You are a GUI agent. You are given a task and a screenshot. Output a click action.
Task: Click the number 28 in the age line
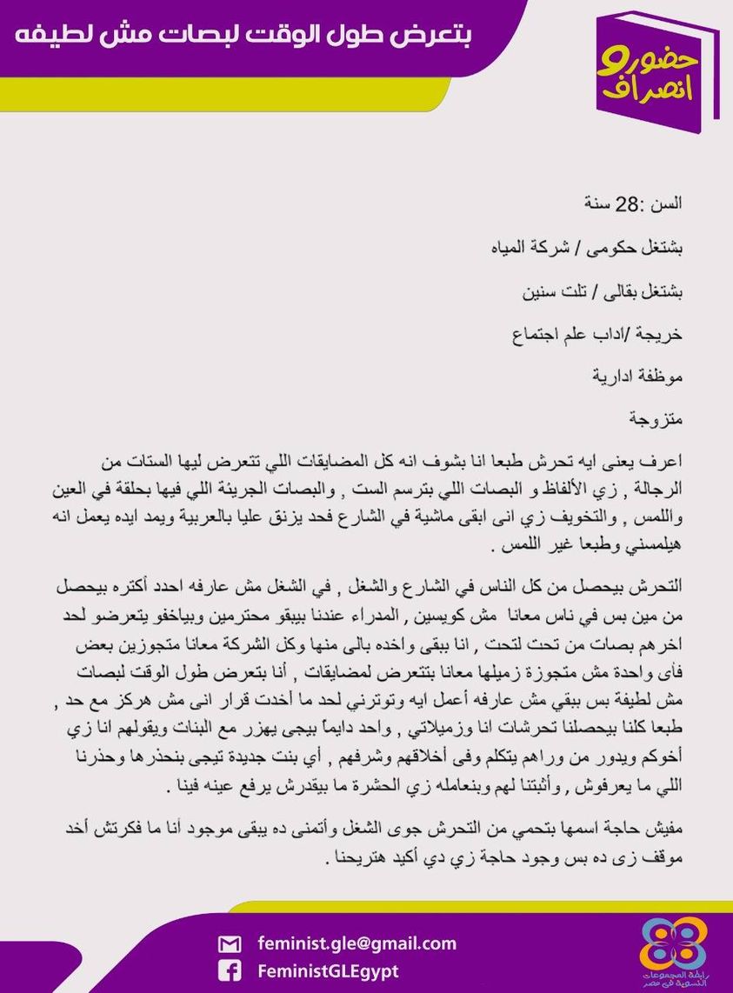(626, 205)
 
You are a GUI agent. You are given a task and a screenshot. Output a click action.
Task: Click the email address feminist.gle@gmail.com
(357, 943)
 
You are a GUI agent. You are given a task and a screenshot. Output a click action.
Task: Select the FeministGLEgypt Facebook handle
(328, 970)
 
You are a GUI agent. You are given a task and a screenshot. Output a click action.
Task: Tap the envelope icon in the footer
(230, 944)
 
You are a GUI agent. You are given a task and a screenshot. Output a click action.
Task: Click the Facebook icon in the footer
(230, 971)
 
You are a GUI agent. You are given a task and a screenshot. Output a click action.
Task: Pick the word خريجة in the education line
(662, 333)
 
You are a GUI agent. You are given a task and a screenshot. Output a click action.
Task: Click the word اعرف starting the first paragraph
(665, 461)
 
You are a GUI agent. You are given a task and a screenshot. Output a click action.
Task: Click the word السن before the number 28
(668, 205)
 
